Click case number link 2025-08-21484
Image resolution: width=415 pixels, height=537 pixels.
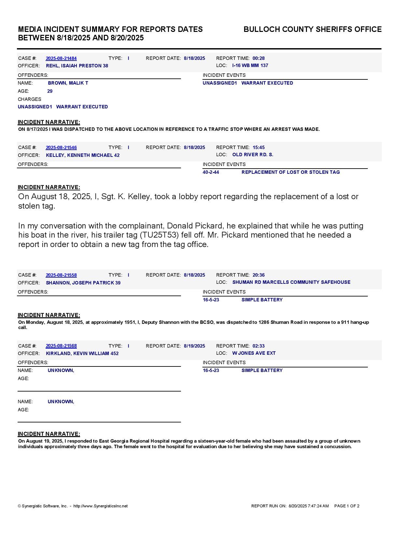(x=61, y=59)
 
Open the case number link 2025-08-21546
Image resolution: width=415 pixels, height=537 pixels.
(x=61, y=148)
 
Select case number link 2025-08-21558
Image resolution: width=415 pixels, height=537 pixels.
(x=61, y=275)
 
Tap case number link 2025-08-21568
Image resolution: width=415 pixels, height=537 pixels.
(x=61, y=346)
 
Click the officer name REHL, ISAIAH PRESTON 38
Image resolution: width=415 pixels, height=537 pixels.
(x=77, y=66)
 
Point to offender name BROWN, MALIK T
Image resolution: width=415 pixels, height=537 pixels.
(x=68, y=83)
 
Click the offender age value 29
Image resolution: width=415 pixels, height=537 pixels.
(x=50, y=91)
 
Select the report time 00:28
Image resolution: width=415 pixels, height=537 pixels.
(x=258, y=59)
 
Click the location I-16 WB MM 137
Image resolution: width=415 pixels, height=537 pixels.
(x=250, y=66)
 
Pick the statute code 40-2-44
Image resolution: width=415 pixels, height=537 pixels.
(x=211, y=172)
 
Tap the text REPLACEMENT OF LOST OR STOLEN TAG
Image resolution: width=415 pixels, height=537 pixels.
(x=290, y=172)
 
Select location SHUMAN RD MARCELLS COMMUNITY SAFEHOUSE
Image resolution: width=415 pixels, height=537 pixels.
(x=291, y=282)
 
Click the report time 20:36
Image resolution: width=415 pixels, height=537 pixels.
(x=258, y=275)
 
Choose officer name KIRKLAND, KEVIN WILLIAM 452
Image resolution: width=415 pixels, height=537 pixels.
(x=82, y=354)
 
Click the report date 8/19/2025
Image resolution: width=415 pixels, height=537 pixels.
(x=194, y=346)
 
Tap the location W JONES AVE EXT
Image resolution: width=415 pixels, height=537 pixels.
(x=254, y=353)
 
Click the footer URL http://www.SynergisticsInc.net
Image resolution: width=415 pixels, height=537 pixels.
(x=101, y=506)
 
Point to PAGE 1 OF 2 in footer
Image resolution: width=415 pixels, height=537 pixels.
(x=347, y=506)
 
